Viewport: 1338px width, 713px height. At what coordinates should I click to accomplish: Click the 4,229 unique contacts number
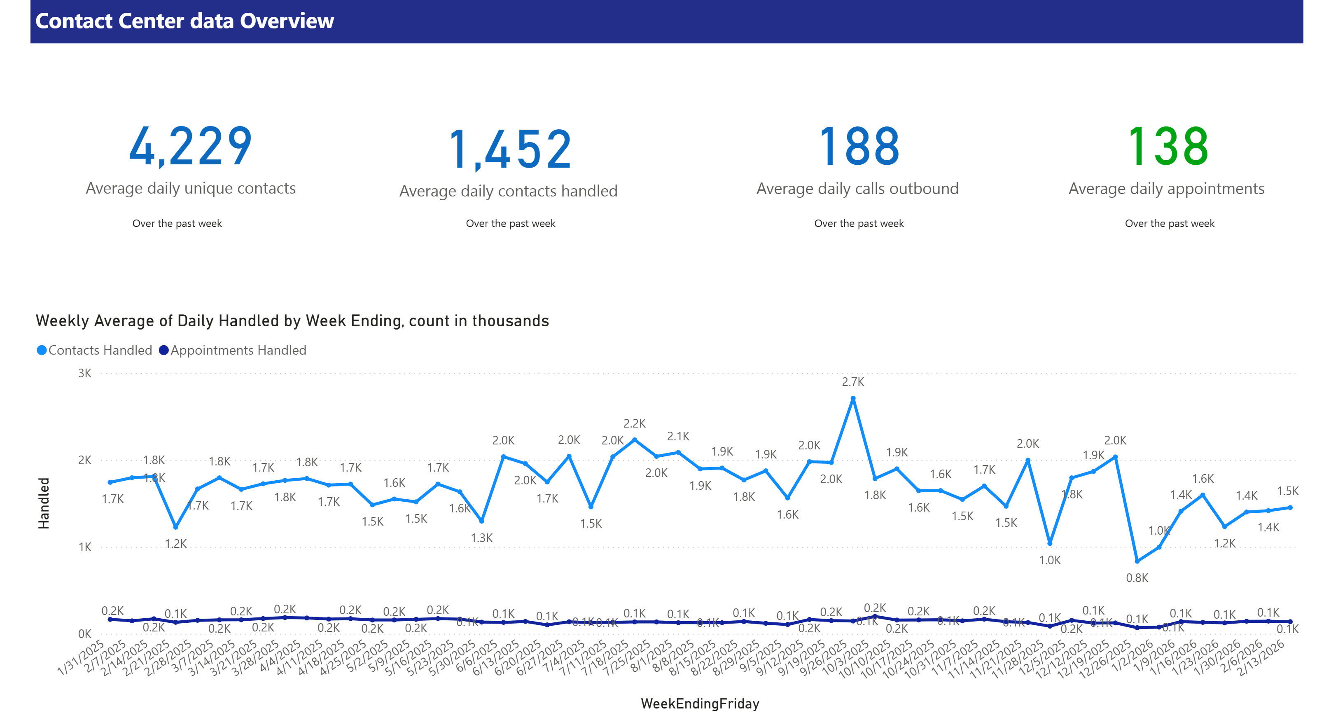191,147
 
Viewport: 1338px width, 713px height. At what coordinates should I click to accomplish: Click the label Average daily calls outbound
857,189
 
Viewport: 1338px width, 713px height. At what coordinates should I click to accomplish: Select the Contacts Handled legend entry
95,350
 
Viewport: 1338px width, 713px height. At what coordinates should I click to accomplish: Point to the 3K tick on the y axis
85,373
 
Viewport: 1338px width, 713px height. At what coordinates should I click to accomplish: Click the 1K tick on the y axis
85,547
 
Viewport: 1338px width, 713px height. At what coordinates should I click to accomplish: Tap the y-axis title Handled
44,503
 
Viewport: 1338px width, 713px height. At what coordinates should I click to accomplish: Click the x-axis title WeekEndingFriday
700,703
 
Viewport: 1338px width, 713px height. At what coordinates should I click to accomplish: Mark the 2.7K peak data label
853,382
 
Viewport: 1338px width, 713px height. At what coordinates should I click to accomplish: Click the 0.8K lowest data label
1137,578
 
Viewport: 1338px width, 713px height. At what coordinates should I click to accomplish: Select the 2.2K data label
634,423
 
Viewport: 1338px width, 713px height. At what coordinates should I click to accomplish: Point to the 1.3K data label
481,538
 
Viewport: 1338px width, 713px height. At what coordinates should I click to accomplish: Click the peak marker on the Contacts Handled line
853,399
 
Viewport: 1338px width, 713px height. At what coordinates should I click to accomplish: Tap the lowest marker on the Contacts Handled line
1137,561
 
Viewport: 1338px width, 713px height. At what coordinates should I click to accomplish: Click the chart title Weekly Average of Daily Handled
292,320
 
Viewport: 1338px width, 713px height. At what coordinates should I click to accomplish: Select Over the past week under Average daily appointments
1169,224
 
